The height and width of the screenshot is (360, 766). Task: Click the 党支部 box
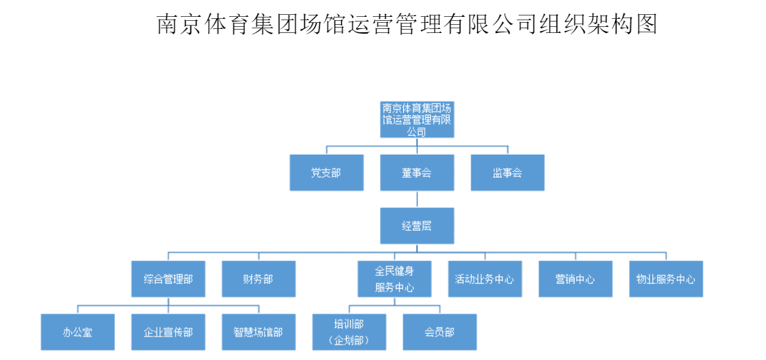[326, 173]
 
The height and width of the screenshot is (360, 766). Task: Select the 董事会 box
[417, 173]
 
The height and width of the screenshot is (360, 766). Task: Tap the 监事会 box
[507, 173]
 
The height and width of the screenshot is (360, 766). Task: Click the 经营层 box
[417, 226]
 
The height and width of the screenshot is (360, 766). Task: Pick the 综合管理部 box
[168, 279]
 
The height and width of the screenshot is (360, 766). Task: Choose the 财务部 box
[258, 279]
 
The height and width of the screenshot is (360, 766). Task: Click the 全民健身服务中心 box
[394, 279]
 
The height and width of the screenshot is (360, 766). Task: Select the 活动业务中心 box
[485, 279]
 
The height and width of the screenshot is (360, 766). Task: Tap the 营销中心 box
[576, 279]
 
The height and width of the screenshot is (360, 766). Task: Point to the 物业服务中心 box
[666, 279]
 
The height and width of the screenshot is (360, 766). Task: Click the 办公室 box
[77, 332]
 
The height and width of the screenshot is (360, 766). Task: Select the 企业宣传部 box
[168, 332]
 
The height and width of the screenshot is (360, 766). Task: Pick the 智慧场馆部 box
[258, 332]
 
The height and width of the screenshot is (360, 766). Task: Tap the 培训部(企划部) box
[349, 332]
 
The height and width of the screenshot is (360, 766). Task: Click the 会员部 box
[440, 332]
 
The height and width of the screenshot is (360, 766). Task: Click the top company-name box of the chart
[417, 119]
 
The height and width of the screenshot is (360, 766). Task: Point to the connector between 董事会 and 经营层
[417, 199]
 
